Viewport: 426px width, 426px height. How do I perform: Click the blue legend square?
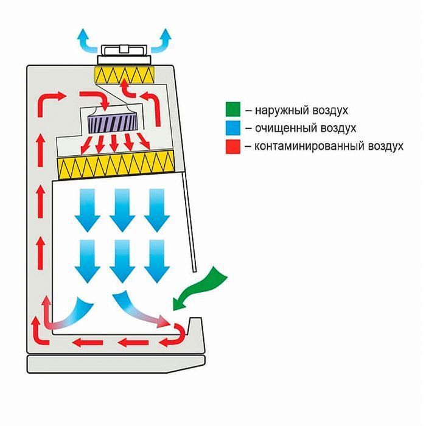click(x=232, y=128)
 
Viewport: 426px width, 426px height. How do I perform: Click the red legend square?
click(x=232, y=146)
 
